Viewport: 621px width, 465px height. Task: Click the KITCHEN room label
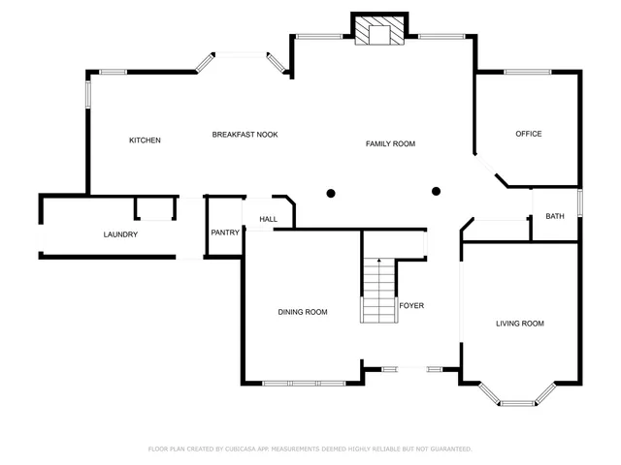tap(145, 140)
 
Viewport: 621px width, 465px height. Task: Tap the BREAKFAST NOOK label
tap(245, 135)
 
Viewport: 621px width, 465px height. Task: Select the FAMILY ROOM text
tap(390, 143)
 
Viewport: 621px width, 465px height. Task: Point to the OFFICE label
tap(528, 134)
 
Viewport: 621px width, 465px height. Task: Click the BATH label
tap(554, 216)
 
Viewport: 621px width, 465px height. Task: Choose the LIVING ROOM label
tap(519, 324)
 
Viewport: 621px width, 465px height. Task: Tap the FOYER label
tap(411, 305)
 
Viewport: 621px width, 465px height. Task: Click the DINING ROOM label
tap(303, 312)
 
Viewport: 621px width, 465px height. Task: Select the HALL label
tap(268, 219)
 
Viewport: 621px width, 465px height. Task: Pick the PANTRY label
tap(225, 232)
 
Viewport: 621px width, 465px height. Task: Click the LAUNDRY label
tap(120, 234)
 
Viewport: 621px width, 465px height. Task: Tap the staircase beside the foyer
tap(378, 290)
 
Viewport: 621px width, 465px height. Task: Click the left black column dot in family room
tap(331, 193)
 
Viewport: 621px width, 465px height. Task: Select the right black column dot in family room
tap(436, 191)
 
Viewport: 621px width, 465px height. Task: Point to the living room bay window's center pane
tap(517, 402)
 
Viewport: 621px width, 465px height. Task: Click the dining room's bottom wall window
tap(303, 384)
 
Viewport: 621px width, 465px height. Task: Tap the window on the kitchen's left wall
tap(87, 95)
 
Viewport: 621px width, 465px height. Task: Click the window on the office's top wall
tap(527, 71)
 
